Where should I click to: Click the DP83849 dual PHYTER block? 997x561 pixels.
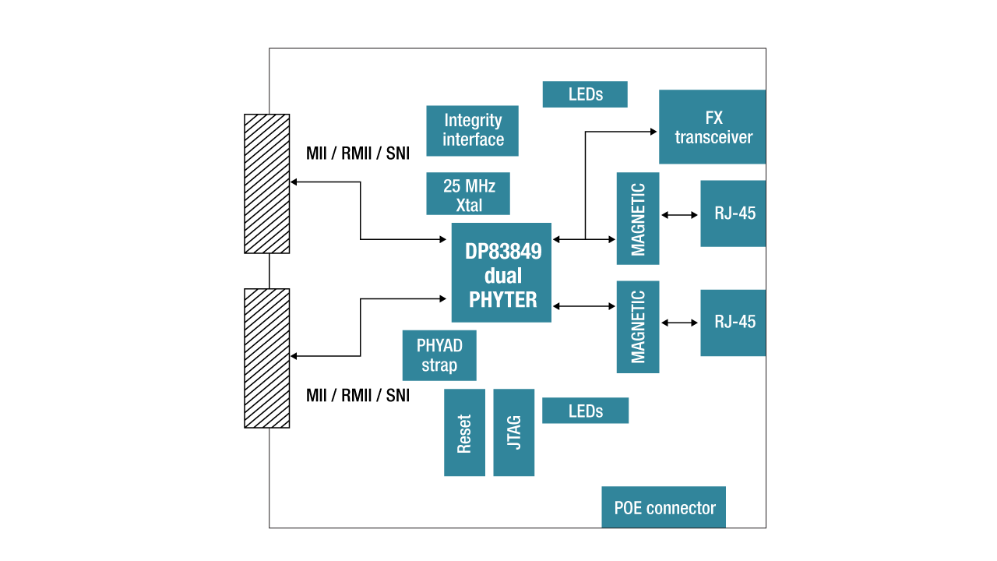[501, 273]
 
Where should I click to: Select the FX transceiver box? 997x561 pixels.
[712, 127]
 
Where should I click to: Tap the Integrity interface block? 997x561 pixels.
[472, 130]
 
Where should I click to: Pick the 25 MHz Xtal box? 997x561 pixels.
[468, 193]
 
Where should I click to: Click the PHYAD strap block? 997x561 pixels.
[439, 355]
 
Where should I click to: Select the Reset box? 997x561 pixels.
[464, 432]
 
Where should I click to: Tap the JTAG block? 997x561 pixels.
[513, 432]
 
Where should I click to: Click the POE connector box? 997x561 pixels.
[664, 507]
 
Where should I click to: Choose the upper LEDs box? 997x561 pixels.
[585, 94]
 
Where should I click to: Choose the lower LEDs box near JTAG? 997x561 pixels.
[585, 411]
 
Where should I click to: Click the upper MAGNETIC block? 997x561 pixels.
[638, 218]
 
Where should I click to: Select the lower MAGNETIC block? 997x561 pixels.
[638, 326]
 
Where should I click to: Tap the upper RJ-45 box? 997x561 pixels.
[733, 213]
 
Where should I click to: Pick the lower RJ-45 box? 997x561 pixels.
[733, 323]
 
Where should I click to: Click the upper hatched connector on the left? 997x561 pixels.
[267, 184]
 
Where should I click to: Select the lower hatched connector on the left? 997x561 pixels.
[267, 358]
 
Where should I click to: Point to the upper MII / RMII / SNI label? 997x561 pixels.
[358, 153]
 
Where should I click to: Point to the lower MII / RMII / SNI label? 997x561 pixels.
[358, 396]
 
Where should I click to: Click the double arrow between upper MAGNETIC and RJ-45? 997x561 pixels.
[680, 215]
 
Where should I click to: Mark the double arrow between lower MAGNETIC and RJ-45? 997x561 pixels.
[680, 323]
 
